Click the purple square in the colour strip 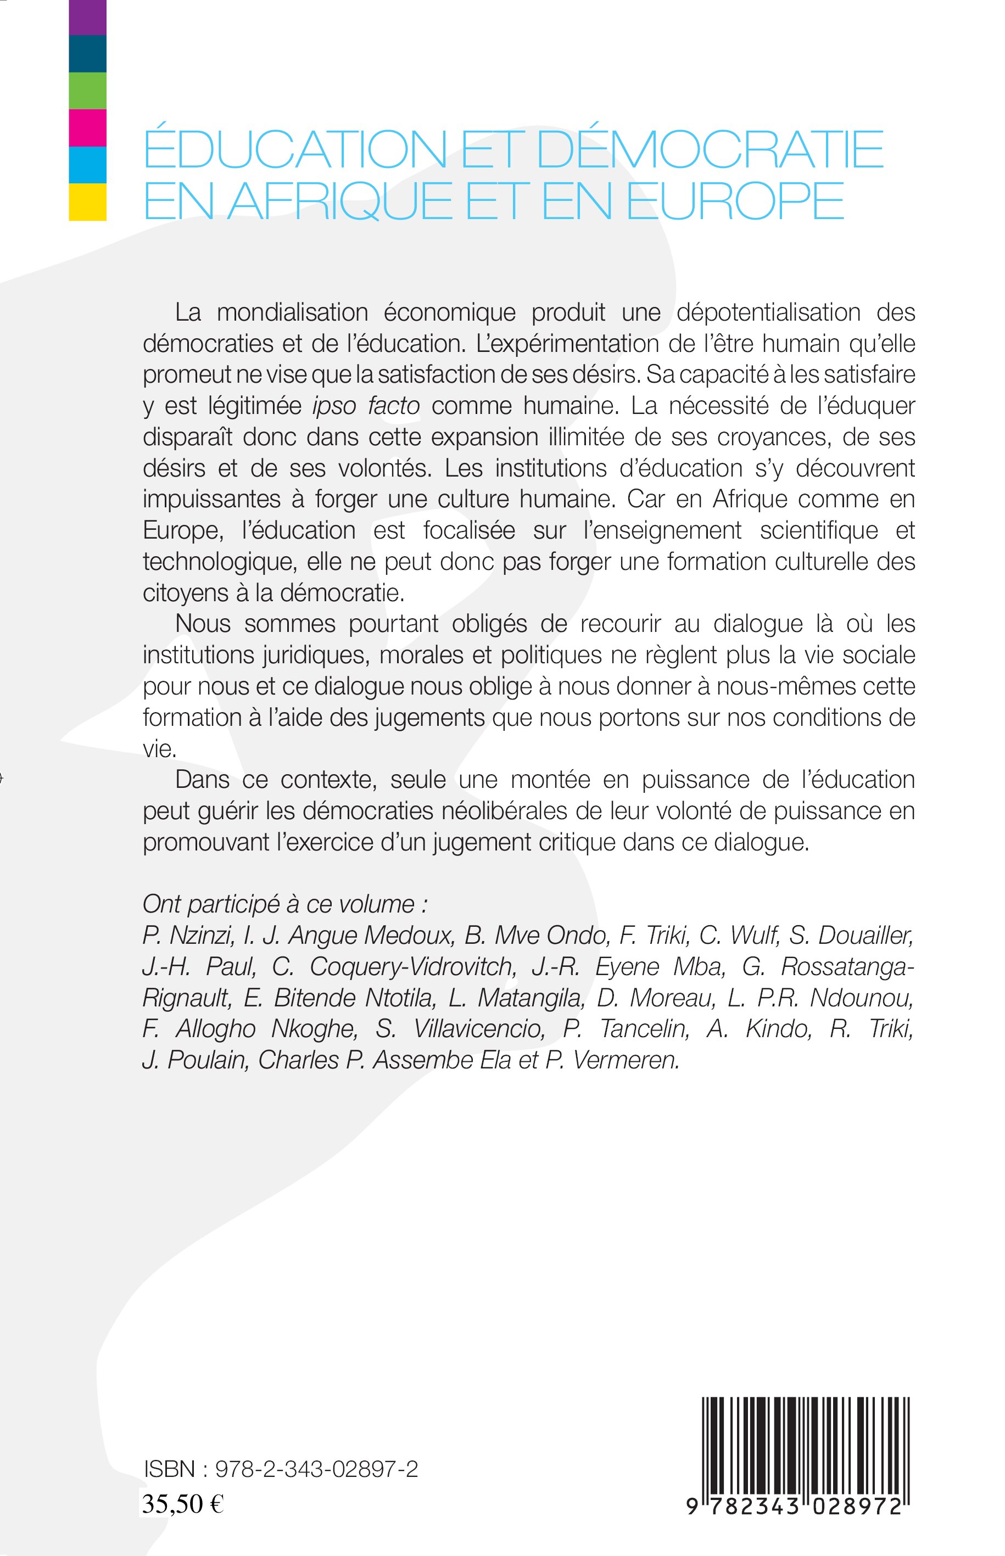(87, 17)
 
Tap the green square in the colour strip (87, 91)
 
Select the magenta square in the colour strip (87, 128)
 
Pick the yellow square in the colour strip (87, 202)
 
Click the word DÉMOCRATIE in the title (710, 149)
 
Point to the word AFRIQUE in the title (340, 201)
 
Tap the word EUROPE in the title (735, 201)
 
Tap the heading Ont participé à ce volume (285, 904)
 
